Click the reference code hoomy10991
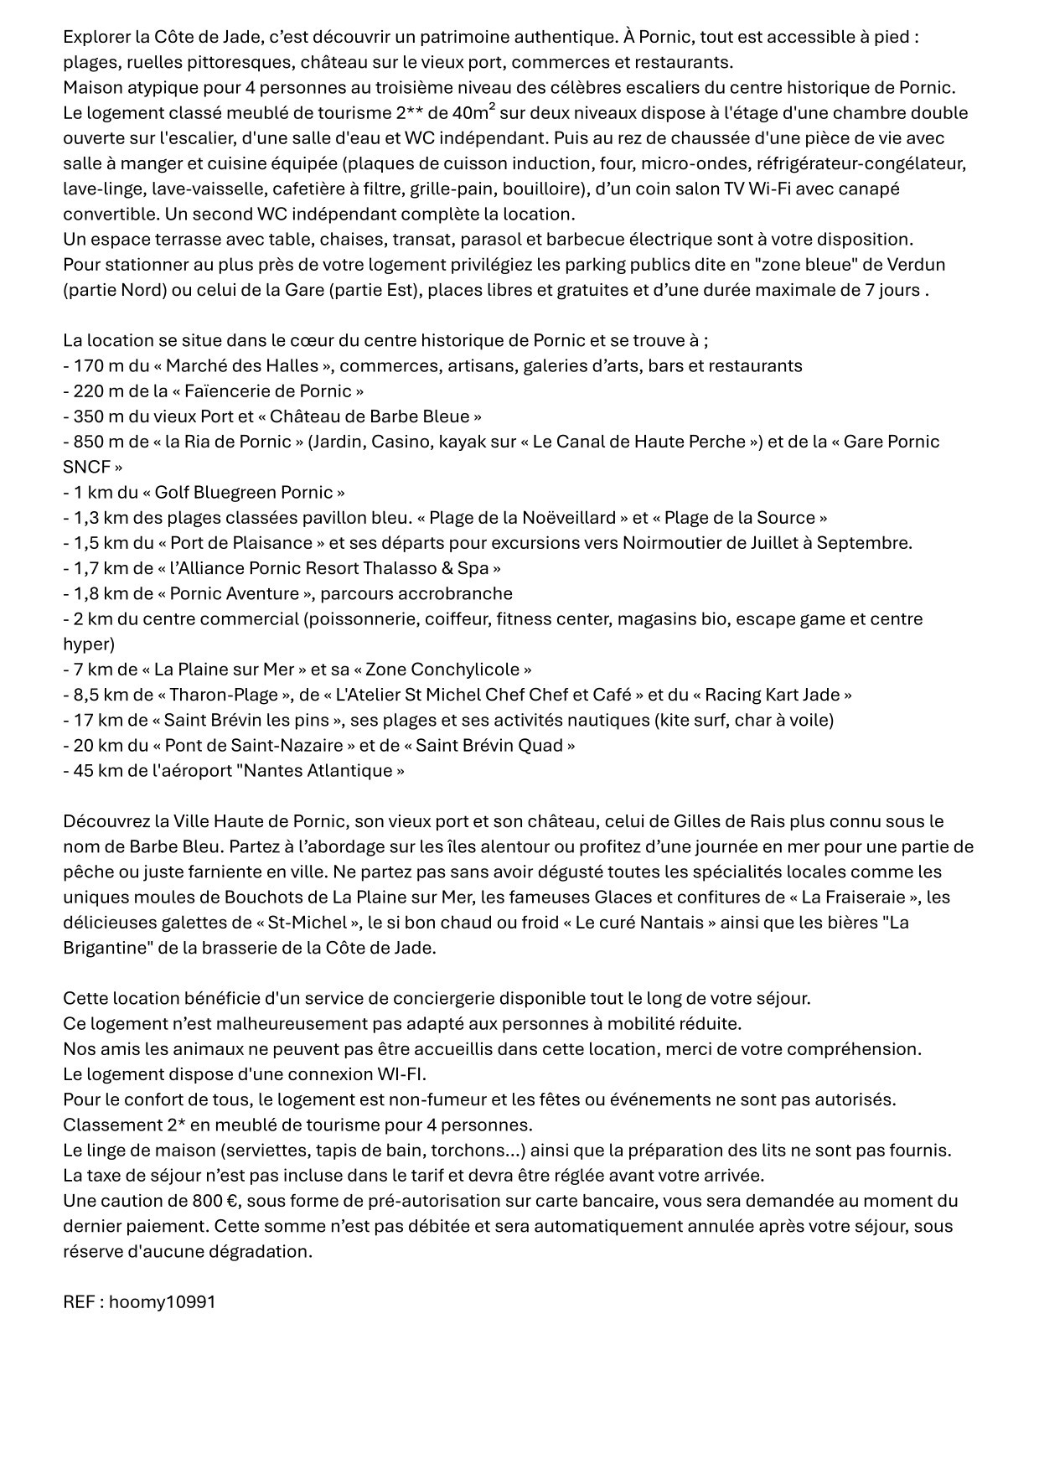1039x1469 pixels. click(x=162, y=1301)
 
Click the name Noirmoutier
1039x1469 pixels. click(x=675, y=542)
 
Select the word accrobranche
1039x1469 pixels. click(x=459, y=593)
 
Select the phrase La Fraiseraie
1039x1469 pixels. click(x=854, y=897)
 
